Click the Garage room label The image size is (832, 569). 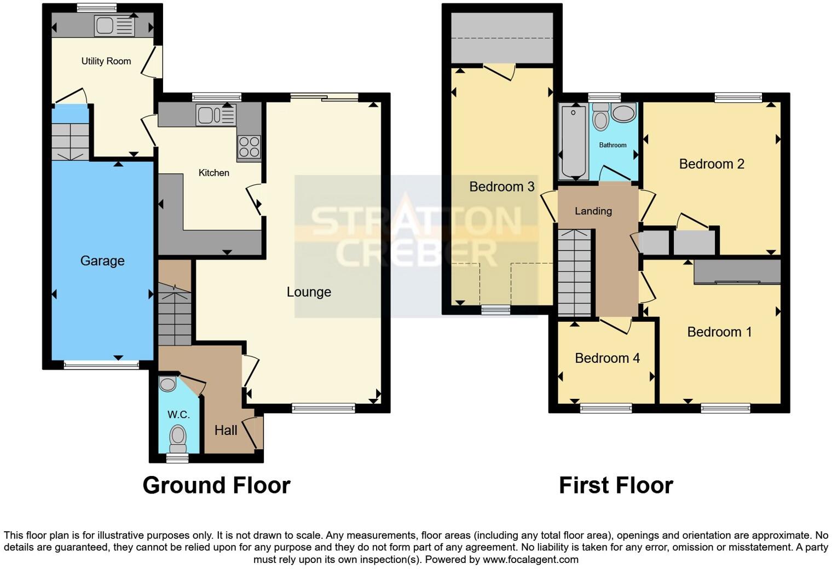coord(102,261)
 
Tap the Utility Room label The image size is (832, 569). coord(106,61)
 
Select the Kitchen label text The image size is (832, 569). coord(213,173)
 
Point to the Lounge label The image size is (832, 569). coord(309,292)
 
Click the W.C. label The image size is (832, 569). coord(178,415)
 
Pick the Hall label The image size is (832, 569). coord(226,431)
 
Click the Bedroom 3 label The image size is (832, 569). coord(501,187)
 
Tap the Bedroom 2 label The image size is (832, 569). coord(712,164)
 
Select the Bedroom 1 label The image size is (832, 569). coord(719,332)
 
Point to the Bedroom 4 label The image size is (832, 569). coord(607,358)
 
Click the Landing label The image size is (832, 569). coord(593,211)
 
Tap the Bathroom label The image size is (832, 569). coord(613,145)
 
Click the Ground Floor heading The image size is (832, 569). coord(216,485)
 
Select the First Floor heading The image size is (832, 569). coord(616,485)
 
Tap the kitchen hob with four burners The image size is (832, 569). coord(249,146)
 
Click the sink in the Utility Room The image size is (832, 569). coord(114,26)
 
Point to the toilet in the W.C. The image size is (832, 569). coord(177,437)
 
